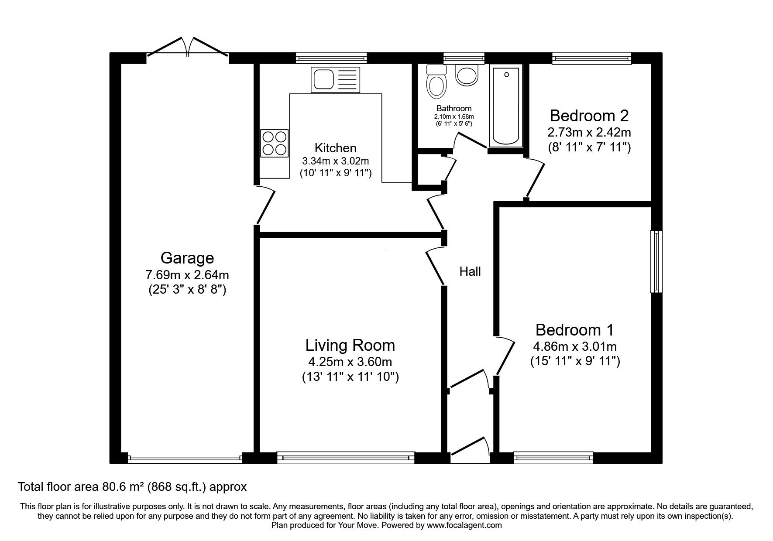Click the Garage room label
point(187,258)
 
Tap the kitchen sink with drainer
point(335,80)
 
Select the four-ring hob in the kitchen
point(275,143)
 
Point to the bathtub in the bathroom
point(506,106)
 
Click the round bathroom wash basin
point(467,75)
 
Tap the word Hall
point(470,271)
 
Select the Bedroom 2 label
point(589,116)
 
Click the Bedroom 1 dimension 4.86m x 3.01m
point(575,346)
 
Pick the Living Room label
point(350,345)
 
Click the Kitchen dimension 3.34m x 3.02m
point(336,161)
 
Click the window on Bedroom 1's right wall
point(656,261)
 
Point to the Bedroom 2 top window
point(591,58)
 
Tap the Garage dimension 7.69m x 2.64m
point(187,275)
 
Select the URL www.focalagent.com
point(464,525)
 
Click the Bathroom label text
point(454,108)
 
